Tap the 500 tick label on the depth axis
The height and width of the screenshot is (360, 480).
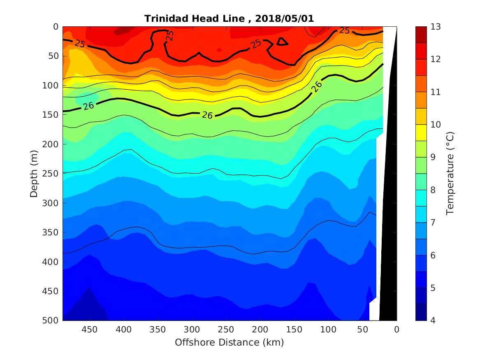[52, 321]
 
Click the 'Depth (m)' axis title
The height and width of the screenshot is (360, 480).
[35, 174]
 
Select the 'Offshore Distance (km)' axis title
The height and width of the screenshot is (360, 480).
[230, 342]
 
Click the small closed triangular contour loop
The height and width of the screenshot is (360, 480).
[282, 42]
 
